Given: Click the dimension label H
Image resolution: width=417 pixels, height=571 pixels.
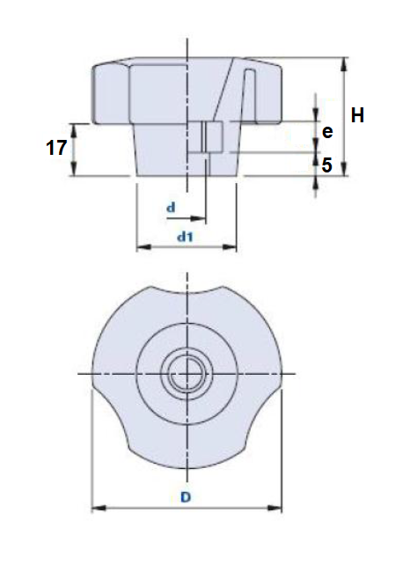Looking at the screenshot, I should [x=358, y=114].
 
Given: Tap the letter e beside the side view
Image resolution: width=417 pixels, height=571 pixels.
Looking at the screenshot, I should [x=327, y=132].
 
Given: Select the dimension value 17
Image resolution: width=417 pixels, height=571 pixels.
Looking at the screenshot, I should [x=56, y=148].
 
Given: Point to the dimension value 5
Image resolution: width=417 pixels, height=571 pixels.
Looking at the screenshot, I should [x=327, y=164].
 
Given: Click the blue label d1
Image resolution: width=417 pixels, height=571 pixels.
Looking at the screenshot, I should [x=185, y=236].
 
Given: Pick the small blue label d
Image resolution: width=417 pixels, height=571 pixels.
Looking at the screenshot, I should [x=172, y=208].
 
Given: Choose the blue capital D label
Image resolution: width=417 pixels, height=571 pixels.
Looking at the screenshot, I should [x=186, y=497].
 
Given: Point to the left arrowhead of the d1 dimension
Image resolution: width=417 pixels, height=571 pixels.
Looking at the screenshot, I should [x=139, y=247].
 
